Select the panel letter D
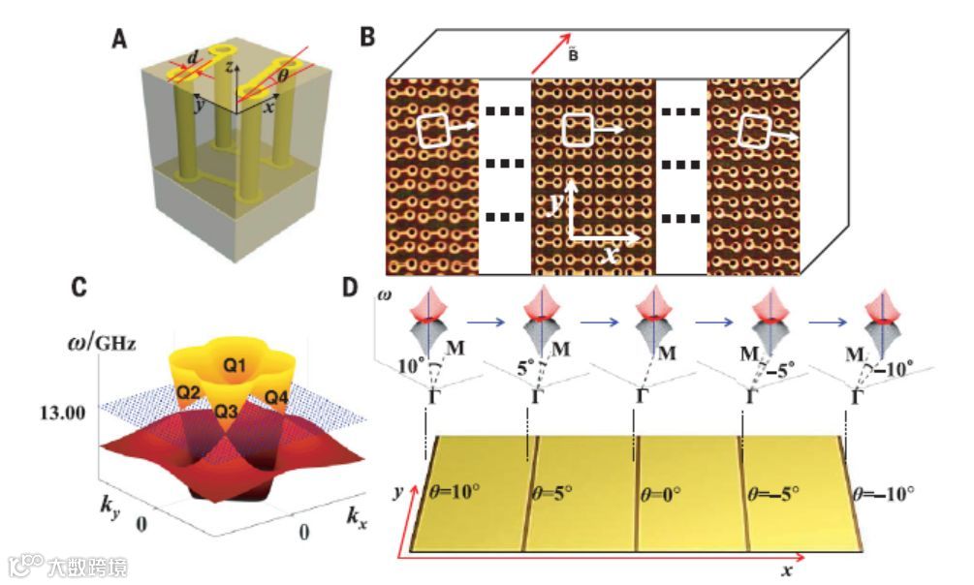(367, 287)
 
